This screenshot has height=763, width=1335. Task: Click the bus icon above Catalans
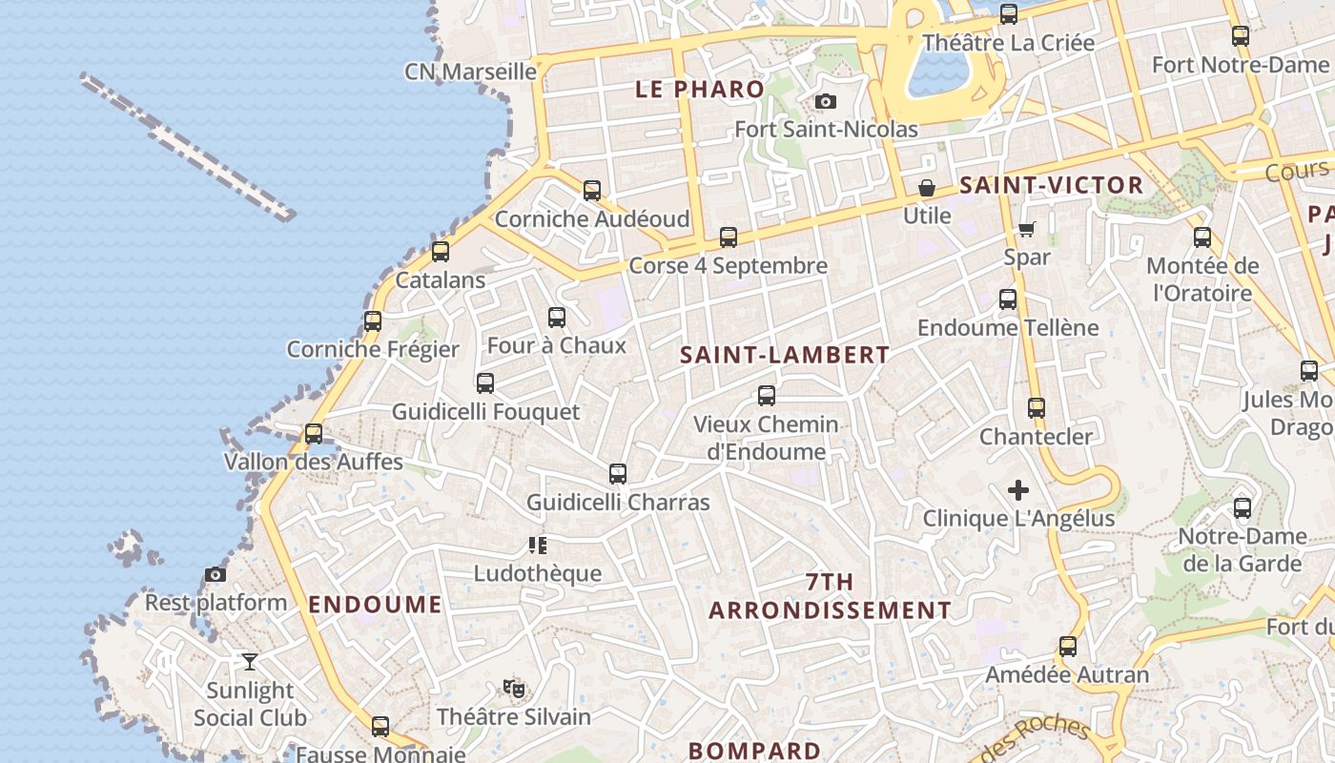pos(440,252)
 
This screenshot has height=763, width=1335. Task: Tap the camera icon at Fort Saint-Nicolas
pos(826,101)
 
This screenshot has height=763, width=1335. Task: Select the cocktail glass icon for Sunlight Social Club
pos(249,661)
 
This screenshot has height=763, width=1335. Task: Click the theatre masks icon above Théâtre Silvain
pos(514,687)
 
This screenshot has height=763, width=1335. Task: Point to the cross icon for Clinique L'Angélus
pos(1018,490)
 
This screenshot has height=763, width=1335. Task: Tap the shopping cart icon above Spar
pos(1026,229)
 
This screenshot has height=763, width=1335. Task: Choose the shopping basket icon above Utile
pos(926,188)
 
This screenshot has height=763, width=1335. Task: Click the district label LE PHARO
pos(700,90)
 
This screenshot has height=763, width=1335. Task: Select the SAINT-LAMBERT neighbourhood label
pos(785,355)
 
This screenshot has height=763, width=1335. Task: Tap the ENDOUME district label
pos(375,604)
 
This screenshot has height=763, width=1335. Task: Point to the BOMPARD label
pos(754,751)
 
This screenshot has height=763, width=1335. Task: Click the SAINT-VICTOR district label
pos(1051,185)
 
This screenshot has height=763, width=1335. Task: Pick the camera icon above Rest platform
pos(216,574)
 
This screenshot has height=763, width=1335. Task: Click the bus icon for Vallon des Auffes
pos(313,434)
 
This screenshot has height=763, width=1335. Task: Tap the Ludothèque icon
pos(538,546)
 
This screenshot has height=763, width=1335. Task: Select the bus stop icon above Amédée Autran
pos(1067,647)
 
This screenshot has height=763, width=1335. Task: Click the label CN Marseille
pos(471,72)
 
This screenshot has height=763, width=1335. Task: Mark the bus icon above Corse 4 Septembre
pos(729,237)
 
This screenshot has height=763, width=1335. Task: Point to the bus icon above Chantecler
pos(1037,408)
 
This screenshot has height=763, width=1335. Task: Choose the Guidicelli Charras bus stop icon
pos(618,474)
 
